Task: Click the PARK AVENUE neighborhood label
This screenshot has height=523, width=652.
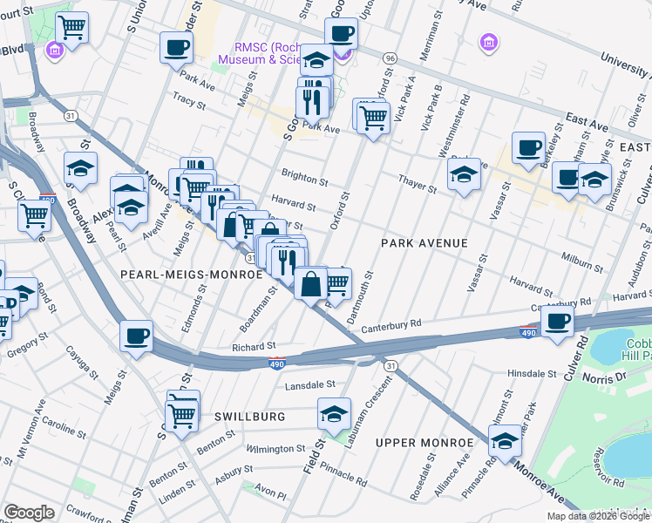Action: pos(424,243)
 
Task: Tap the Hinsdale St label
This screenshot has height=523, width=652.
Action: pos(532,373)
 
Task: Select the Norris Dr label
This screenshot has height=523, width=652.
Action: pos(610,380)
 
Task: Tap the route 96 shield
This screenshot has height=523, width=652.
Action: pos(390,58)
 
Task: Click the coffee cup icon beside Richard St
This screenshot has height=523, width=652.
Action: pos(137,336)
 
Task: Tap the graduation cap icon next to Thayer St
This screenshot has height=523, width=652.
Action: pos(464,174)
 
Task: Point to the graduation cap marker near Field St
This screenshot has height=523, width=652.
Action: pos(334,415)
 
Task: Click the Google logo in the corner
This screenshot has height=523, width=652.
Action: pos(29,512)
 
